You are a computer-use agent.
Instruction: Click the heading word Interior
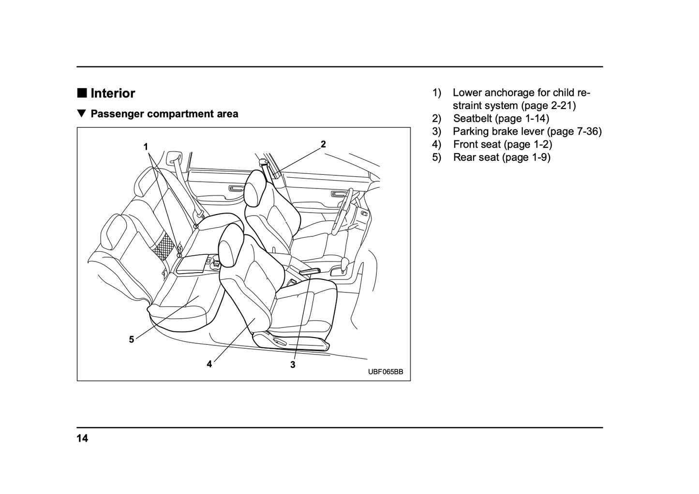(x=113, y=93)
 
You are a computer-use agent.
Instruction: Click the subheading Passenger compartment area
(x=164, y=114)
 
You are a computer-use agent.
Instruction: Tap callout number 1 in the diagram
(x=146, y=146)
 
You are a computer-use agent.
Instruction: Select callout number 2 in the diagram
(x=323, y=144)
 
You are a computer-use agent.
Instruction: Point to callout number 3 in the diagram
(x=293, y=365)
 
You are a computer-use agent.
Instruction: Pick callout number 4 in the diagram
(x=209, y=364)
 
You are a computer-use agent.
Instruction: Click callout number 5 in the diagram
(x=131, y=340)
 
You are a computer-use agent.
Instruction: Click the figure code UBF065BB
(x=385, y=372)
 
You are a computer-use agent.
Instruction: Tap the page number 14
(x=82, y=439)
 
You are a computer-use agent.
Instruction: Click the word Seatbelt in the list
(x=473, y=118)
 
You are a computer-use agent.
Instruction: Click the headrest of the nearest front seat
(x=231, y=247)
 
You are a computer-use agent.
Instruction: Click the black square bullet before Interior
(x=82, y=93)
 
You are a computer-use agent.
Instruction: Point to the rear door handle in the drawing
(x=237, y=188)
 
